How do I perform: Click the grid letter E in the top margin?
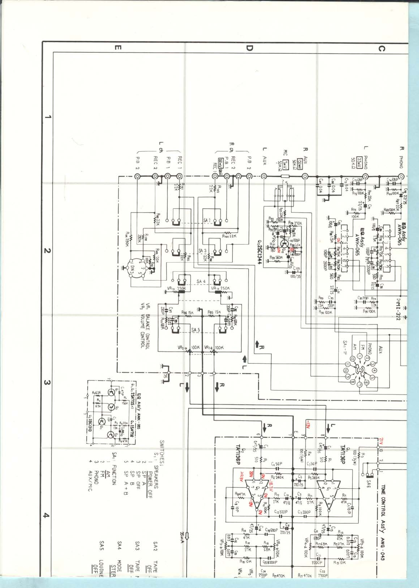tap(117, 48)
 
